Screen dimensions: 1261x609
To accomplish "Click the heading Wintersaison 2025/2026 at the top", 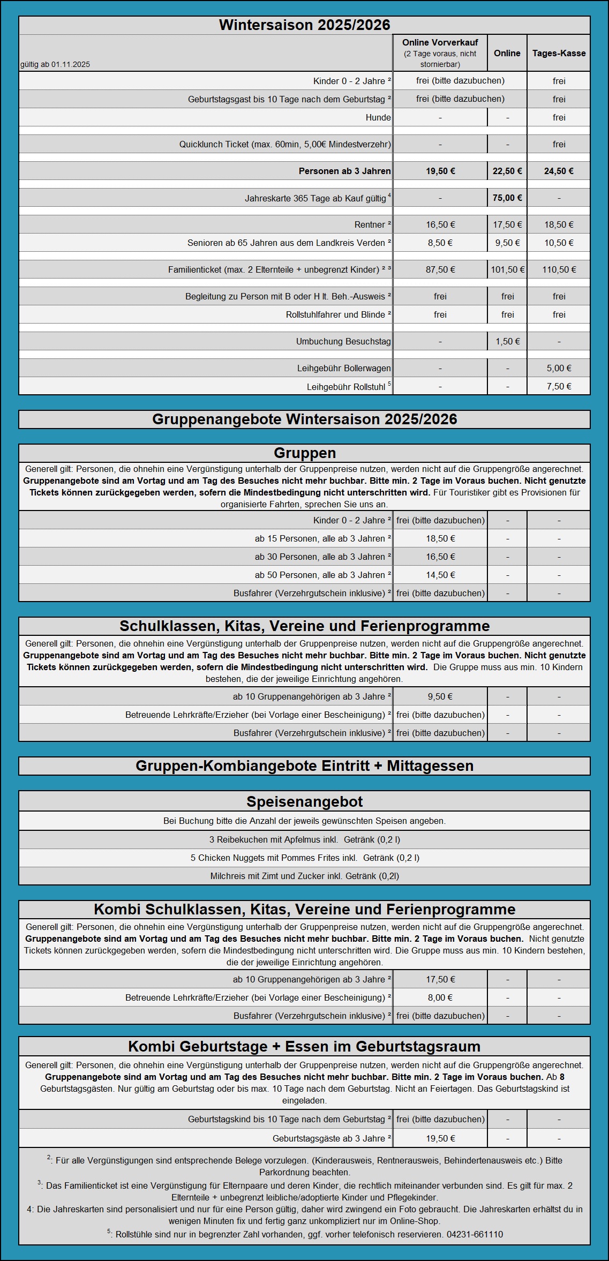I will pyautogui.click(x=304, y=25).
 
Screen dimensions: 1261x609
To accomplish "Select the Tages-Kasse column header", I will pyautogui.click(x=559, y=53).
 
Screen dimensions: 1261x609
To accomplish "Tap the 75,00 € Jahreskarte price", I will pyautogui.click(x=507, y=198).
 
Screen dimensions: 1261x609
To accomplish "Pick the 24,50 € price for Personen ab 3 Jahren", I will pyautogui.click(x=559, y=171).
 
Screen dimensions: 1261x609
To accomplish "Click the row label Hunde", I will pyautogui.click(x=378, y=117).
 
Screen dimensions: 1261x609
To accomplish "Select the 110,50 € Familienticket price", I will pyautogui.click(x=559, y=269).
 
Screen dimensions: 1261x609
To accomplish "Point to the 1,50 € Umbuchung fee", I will pyautogui.click(x=507, y=341).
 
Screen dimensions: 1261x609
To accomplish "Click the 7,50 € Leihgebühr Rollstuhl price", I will pyautogui.click(x=559, y=386).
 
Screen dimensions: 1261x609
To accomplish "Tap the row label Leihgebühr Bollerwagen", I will pyautogui.click(x=344, y=368).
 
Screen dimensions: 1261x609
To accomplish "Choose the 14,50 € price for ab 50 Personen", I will pyautogui.click(x=440, y=575).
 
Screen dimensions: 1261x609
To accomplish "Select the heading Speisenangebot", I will pyautogui.click(x=304, y=801).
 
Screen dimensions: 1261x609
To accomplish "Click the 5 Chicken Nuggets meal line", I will pyautogui.click(x=304, y=858).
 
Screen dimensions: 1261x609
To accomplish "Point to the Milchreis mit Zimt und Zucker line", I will pyautogui.click(x=304, y=876).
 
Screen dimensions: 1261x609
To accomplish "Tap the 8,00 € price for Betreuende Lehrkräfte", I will pyautogui.click(x=440, y=997).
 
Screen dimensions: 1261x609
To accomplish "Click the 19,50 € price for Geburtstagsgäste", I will pyautogui.click(x=440, y=1138).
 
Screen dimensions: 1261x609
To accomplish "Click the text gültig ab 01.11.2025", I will pyautogui.click(x=55, y=64).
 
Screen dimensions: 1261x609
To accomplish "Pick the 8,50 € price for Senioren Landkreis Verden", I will pyautogui.click(x=440, y=243).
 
